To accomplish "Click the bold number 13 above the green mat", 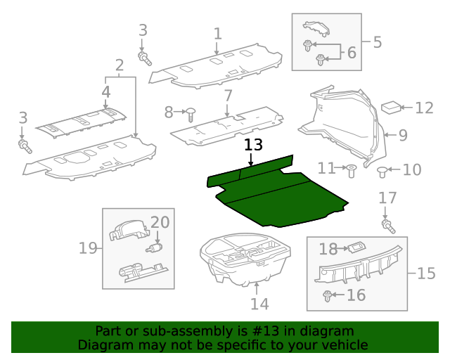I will click(x=253, y=146).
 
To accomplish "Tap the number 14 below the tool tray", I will click(x=259, y=304).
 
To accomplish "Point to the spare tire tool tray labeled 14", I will click(x=246, y=260).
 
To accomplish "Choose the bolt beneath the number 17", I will click(x=386, y=225).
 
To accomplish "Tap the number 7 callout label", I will click(x=228, y=96).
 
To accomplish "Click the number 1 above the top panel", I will click(x=217, y=33).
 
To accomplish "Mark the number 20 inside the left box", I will click(x=160, y=222).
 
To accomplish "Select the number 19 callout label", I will click(x=88, y=247).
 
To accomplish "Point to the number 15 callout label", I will click(x=426, y=273).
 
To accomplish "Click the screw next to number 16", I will click(x=328, y=296).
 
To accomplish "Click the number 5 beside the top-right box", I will click(x=378, y=42).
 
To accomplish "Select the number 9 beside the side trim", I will click(x=403, y=134).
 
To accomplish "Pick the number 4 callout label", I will click(x=105, y=91).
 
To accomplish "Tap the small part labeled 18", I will click(x=356, y=247).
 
